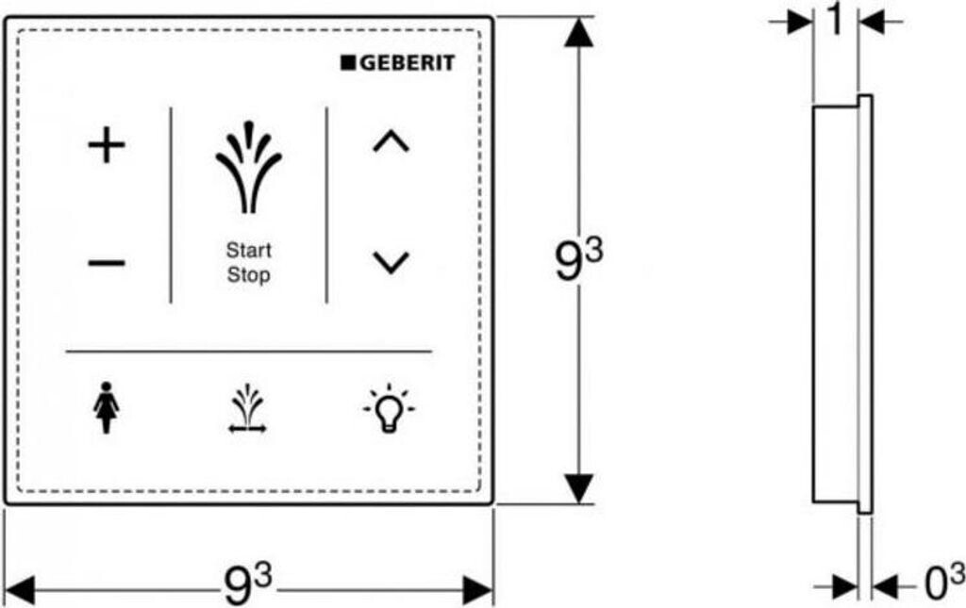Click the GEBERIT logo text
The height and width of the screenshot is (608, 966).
[x=404, y=63]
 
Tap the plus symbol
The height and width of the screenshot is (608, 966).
[x=107, y=146]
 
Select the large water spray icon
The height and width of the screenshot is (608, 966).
[x=248, y=168]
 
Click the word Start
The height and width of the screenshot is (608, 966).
[x=248, y=251]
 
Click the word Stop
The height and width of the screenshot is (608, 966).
[x=248, y=276]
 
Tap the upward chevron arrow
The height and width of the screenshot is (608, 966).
[x=391, y=142]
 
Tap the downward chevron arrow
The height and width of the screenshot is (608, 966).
[x=391, y=261]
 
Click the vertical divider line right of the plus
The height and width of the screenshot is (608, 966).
[x=171, y=205]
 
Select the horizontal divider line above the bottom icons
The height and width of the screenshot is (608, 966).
[x=248, y=352]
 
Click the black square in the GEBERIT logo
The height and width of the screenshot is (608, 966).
[x=346, y=63]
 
